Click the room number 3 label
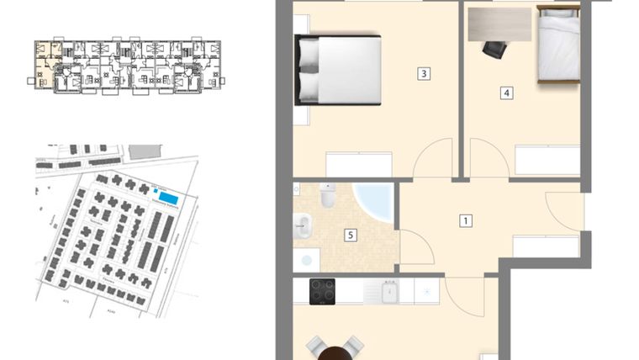click(424, 74)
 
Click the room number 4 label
click(506, 93)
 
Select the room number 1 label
click(465, 222)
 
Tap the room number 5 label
click(350, 235)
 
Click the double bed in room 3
click(338, 69)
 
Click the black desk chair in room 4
click(494, 50)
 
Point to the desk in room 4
click(500, 24)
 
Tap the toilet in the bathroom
click(328, 196)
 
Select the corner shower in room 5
click(375, 203)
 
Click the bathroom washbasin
click(304, 225)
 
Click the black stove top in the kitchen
click(323, 291)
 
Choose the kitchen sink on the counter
click(389, 292)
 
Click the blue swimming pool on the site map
click(169, 199)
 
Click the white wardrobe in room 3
click(359, 164)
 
